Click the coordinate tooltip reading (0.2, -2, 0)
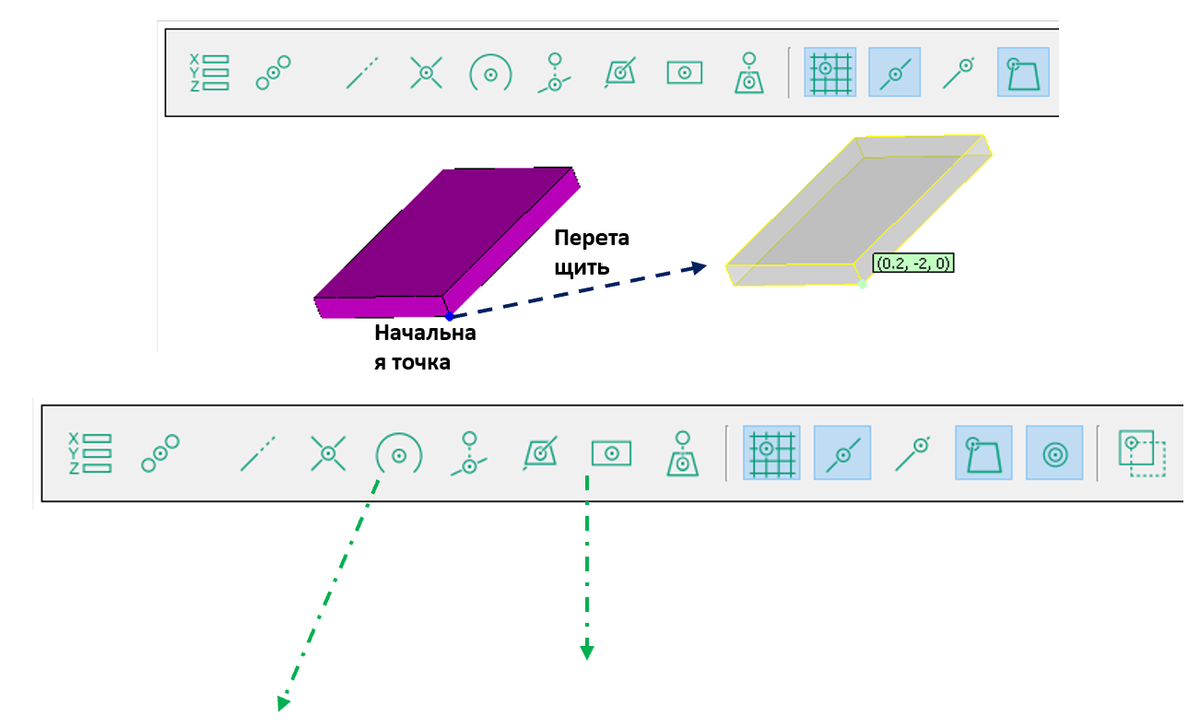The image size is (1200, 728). [912, 264]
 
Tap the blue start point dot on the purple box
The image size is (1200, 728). [449, 316]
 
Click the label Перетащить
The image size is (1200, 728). [592, 252]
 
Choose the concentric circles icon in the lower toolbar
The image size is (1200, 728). [1054, 452]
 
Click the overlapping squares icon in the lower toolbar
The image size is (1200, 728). [1142, 453]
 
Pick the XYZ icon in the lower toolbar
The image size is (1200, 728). [90, 453]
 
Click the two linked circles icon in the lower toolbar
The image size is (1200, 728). [159, 452]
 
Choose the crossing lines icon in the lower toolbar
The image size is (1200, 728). [326, 452]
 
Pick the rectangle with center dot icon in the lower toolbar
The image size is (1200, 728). [610, 452]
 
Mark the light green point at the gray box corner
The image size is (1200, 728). [862, 284]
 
